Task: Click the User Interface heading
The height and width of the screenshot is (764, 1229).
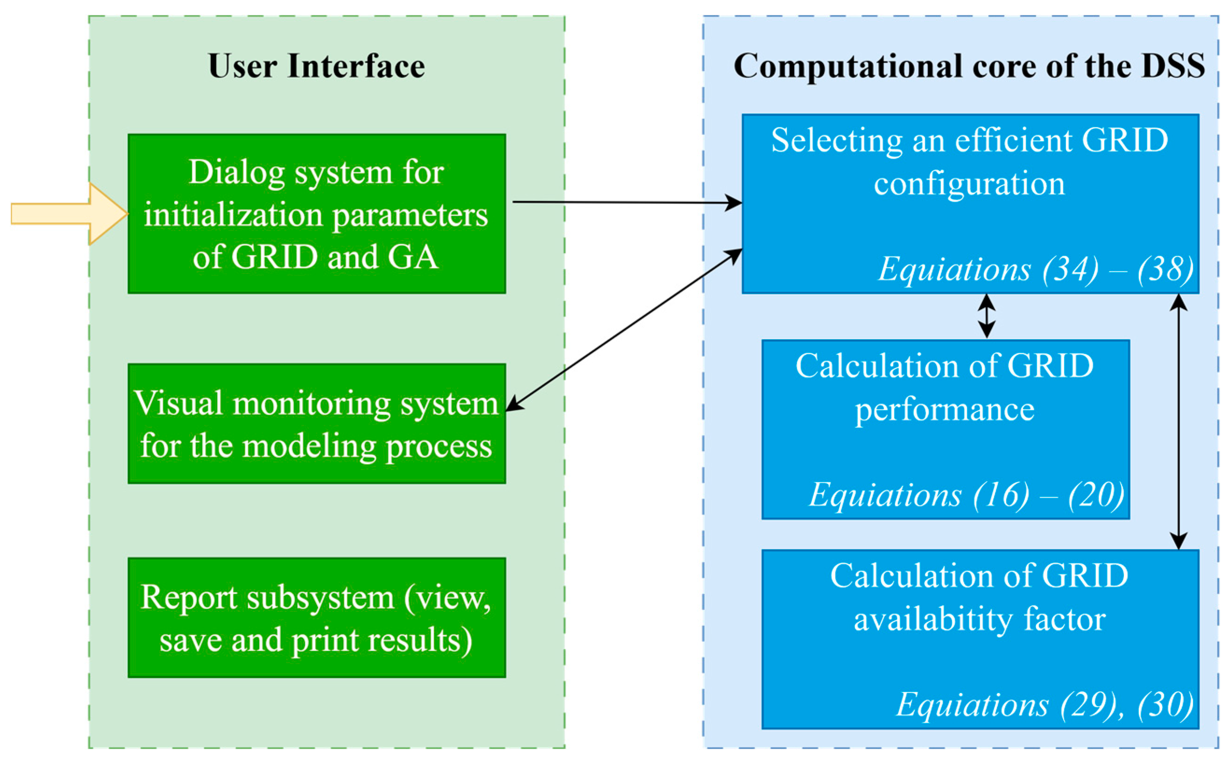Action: click(316, 66)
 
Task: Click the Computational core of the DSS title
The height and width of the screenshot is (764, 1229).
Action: click(969, 66)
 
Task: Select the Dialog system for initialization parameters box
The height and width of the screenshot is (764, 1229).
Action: click(316, 214)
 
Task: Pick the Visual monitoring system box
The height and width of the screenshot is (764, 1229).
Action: click(316, 423)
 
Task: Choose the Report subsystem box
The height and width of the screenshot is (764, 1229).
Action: click(316, 617)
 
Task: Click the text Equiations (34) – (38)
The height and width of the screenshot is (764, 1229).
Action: click(1035, 269)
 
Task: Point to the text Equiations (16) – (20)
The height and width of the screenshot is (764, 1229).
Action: click(966, 494)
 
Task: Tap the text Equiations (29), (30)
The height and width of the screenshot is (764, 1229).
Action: click(1045, 704)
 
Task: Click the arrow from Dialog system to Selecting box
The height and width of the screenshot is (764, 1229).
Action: click(626, 203)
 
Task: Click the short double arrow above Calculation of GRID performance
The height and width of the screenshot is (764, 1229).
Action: click(986, 316)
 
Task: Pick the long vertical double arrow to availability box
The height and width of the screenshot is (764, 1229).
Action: click(1179, 422)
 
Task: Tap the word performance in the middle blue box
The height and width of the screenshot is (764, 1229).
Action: click(944, 409)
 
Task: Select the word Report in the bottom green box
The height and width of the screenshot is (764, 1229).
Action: click(189, 597)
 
